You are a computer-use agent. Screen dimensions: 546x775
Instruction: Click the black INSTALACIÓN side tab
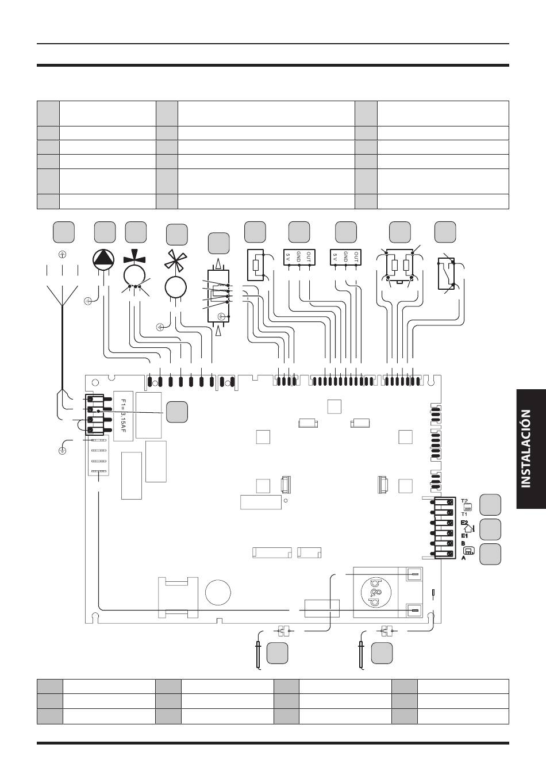[x=531, y=449]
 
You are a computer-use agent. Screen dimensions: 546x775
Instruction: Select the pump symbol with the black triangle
[x=103, y=259]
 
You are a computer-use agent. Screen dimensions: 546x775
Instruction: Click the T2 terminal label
[x=464, y=501]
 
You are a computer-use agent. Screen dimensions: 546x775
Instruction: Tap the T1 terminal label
[x=464, y=514]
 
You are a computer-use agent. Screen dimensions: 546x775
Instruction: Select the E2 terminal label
[x=464, y=523]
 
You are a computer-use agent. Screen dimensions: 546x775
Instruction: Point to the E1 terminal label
[x=464, y=536]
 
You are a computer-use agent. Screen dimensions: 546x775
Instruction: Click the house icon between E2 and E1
[x=469, y=529]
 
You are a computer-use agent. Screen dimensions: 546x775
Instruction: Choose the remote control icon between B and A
[x=469, y=550]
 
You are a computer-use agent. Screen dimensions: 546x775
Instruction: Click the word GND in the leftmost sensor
[x=299, y=256]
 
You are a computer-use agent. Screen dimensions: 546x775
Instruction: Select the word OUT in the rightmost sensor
[x=356, y=256]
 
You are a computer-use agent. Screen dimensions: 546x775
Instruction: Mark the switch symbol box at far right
[x=446, y=273]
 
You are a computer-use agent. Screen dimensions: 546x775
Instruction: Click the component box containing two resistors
[x=399, y=266]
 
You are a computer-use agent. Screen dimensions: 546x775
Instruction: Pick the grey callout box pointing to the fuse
[x=177, y=412]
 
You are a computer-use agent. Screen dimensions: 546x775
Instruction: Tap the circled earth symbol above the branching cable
[x=62, y=255]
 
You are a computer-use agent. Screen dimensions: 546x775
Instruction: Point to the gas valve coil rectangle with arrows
[x=218, y=297]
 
